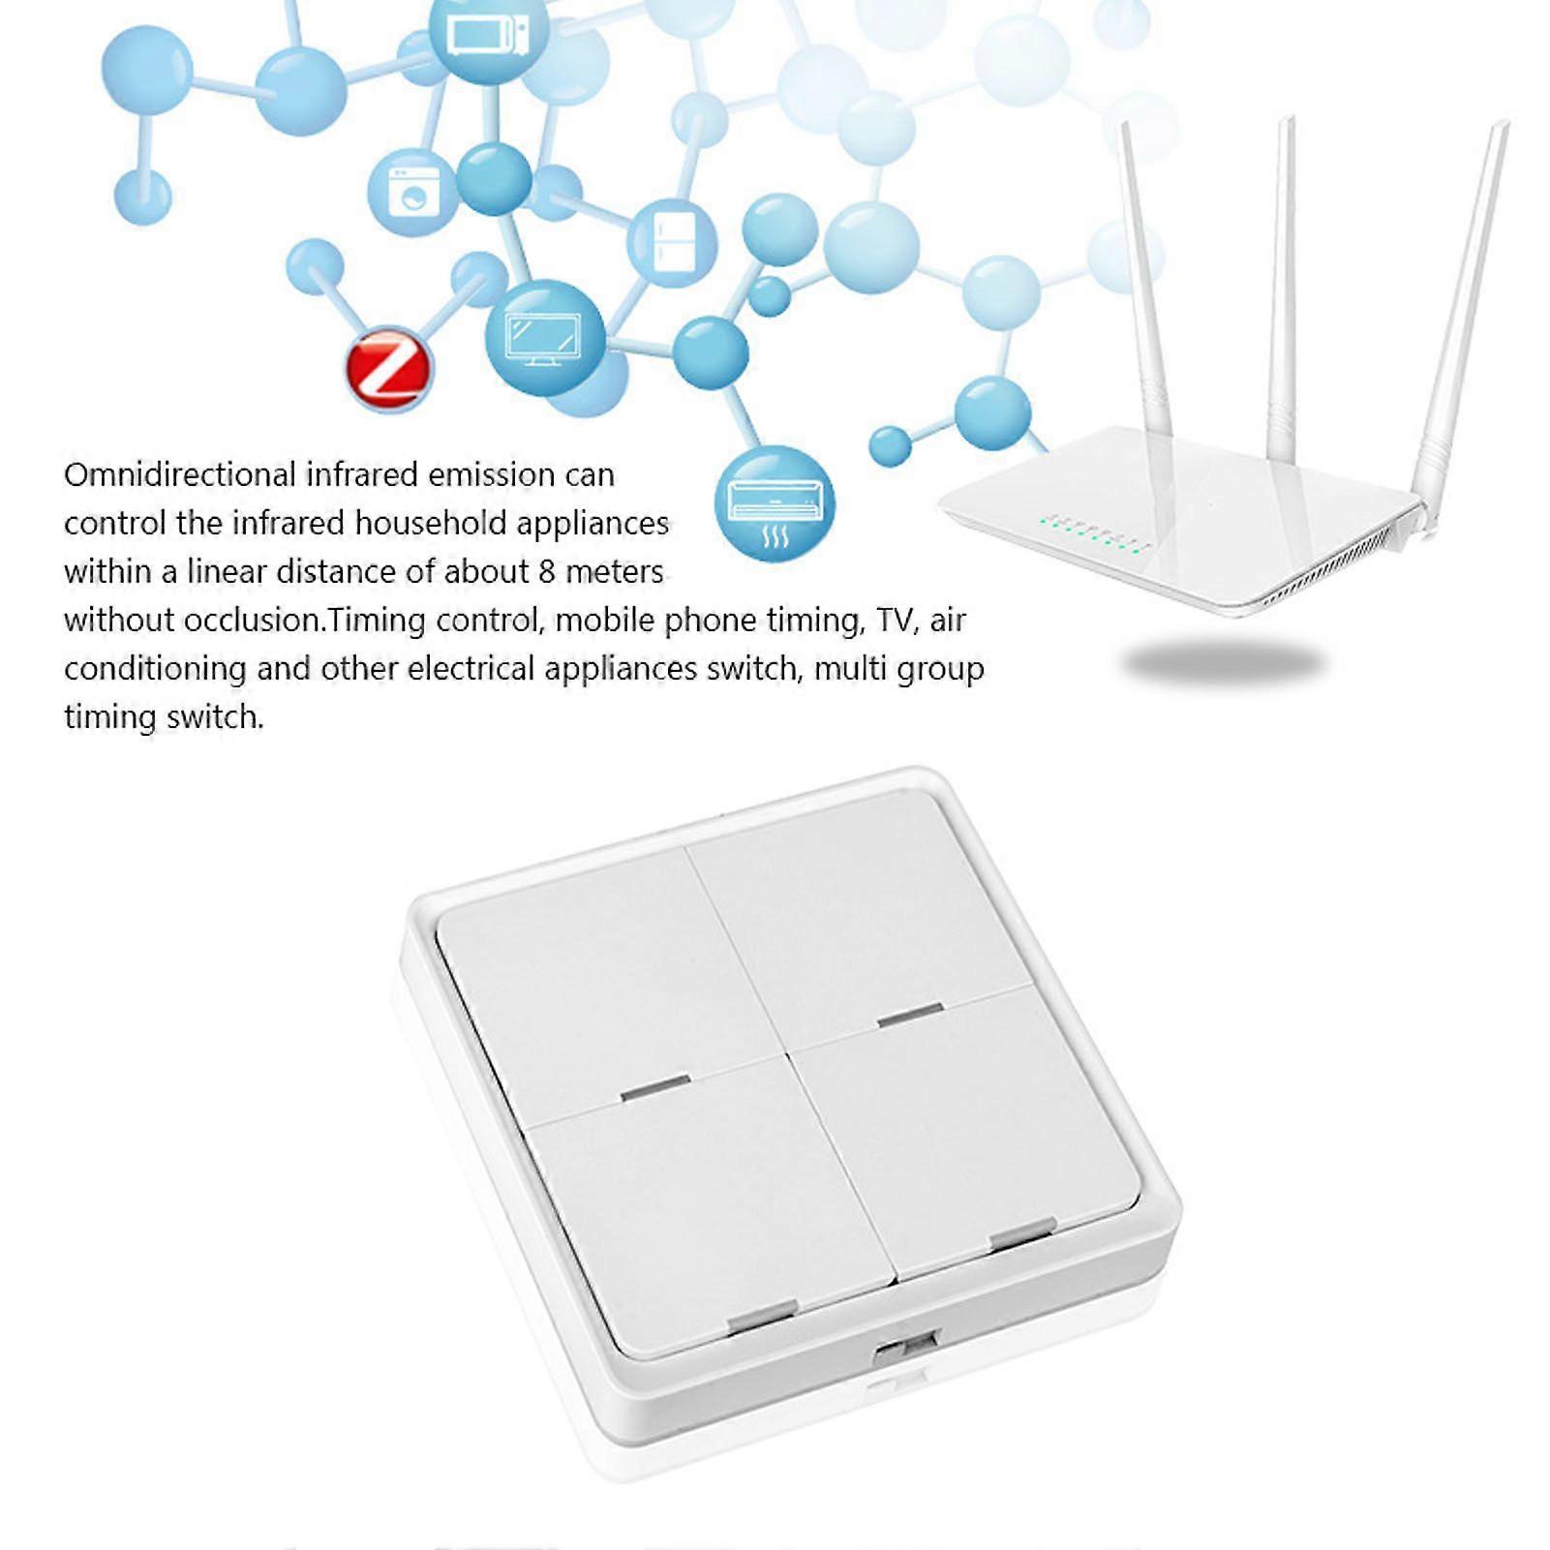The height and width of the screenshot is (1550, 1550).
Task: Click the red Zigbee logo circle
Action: coord(389,368)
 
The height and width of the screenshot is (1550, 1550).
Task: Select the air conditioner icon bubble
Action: coord(775,504)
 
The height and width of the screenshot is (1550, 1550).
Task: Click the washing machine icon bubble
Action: coord(414,193)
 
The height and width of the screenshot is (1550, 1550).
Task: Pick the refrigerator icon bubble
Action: coord(672,243)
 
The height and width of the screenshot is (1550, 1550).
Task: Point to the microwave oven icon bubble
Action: coord(489,38)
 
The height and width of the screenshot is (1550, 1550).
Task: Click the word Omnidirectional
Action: coord(180,474)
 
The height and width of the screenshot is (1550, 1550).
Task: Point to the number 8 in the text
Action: coord(547,571)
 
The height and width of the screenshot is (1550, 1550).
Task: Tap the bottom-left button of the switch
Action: coord(712,1211)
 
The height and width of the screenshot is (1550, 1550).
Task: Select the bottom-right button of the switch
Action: coord(967,1127)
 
